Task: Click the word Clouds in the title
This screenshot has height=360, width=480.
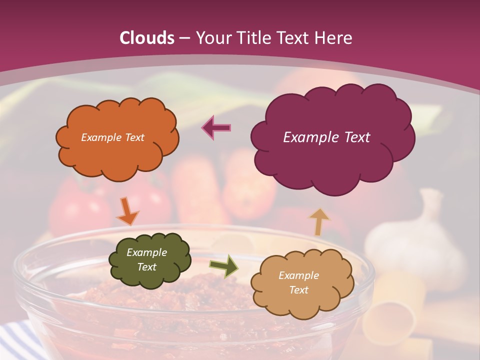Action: coord(147,38)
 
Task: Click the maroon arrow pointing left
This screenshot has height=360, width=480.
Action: coord(216,127)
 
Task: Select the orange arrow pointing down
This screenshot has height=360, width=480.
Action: coord(127,211)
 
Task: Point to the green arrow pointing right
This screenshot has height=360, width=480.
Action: coord(224,266)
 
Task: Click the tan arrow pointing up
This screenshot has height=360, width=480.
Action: coord(318,221)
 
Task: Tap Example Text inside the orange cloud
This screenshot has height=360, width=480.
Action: coord(112,137)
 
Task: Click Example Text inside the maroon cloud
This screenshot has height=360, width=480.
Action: coord(326,137)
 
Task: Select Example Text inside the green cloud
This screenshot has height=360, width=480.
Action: coord(146,260)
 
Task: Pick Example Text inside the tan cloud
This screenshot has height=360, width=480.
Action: coord(298,282)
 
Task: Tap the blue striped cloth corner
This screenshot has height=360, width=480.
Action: coord(15,340)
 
